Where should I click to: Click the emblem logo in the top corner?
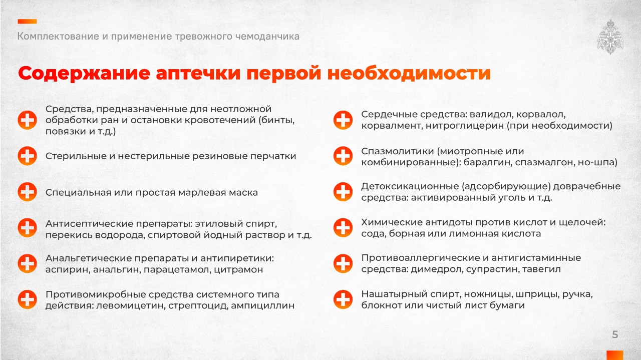(610, 37)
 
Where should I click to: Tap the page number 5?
(615, 334)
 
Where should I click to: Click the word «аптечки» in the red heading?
(198, 73)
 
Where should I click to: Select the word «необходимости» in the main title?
(409, 73)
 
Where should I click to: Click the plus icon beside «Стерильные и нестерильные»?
(27, 156)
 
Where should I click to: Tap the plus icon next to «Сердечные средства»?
(343, 120)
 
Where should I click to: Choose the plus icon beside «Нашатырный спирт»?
(343, 299)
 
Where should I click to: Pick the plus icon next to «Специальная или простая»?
(27, 192)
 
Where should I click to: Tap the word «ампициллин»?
(263, 305)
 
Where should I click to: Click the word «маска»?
(245, 193)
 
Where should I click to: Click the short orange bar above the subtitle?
(27, 22)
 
